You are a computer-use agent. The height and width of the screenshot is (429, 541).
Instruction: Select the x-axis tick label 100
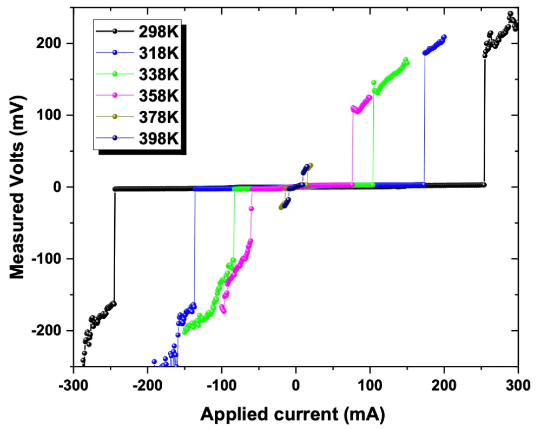coord(370,387)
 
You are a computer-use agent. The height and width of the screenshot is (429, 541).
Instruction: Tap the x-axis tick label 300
coord(518,387)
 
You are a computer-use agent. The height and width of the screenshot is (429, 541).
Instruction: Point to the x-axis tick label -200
coord(147,387)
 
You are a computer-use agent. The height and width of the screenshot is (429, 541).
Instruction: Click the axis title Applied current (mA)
coord(293,414)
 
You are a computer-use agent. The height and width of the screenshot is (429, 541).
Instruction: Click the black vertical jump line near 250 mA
coord(484,119)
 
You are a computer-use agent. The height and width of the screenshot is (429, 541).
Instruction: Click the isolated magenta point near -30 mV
coord(251,209)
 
